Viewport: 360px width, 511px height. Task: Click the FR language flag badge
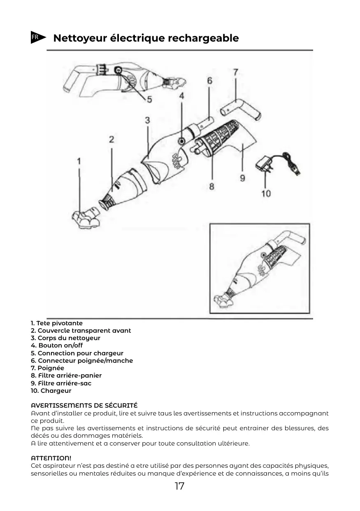point(37,37)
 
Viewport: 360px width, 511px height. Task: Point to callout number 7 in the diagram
point(235,72)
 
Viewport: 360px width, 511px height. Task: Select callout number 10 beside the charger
point(266,193)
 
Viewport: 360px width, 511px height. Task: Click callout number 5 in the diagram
point(149,99)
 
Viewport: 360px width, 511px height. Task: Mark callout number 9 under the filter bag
point(242,177)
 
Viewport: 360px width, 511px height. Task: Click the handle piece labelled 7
point(241,109)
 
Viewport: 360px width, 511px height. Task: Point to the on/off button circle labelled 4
point(181,141)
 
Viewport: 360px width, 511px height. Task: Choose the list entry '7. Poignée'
point(47,368)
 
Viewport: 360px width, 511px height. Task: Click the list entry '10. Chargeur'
point(51,391)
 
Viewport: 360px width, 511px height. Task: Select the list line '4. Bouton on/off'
point(57,345)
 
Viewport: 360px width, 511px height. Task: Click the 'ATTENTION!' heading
point(51,458)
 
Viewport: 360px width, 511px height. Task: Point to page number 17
point(179,486)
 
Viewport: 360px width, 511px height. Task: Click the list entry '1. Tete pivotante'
point(56,323)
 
